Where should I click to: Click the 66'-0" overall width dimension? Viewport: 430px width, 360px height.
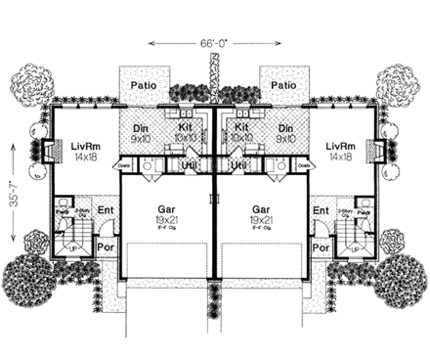point(213,43)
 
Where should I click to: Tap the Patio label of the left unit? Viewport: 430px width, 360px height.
point(146,86)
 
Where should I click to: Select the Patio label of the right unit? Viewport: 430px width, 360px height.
point(282,86)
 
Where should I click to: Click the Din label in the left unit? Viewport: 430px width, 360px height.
point(141,128)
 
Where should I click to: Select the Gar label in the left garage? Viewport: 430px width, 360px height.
point(165,209)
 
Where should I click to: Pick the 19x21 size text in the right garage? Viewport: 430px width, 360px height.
point(262,222)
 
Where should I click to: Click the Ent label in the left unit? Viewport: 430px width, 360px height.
point(106,210)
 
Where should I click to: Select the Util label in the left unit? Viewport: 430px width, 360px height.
point(193,168)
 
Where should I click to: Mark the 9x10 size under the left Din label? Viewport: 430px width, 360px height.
point(141,140)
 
